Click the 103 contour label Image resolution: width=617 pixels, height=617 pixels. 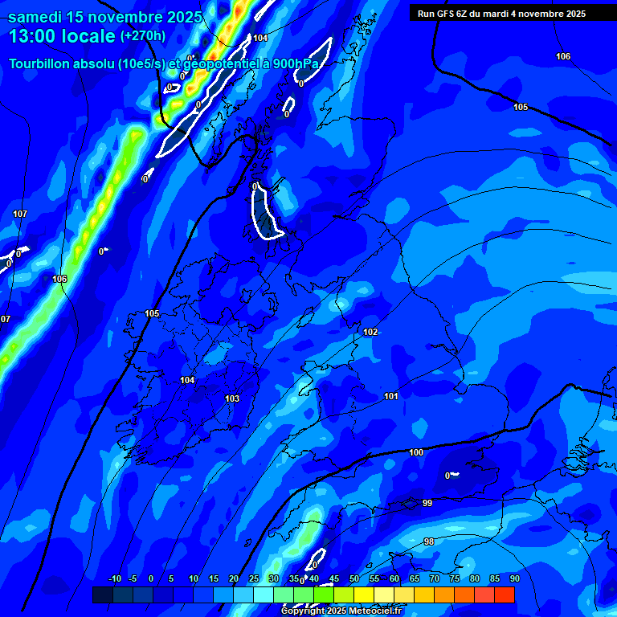(232, 398)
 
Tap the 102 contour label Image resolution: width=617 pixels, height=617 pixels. (370, 332)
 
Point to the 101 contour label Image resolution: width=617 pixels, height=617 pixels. (391, 396)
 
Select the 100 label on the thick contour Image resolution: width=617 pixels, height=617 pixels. (416, 452)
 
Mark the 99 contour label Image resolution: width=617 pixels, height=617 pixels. (427, 503)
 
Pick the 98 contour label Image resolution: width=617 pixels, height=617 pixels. (429, 541)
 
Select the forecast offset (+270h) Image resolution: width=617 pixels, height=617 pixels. (143, 36)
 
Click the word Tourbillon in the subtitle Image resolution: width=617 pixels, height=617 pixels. (40, 63)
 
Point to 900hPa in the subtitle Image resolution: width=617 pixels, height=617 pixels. (291, 63)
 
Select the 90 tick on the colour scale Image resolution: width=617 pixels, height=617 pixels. (514, 578)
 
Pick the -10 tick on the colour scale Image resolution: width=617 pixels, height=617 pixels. (114, 578)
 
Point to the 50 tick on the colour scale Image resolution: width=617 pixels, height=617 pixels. (354, 578)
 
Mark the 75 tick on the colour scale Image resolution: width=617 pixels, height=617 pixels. (455, 578)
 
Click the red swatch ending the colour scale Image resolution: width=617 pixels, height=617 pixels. (505, 595)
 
